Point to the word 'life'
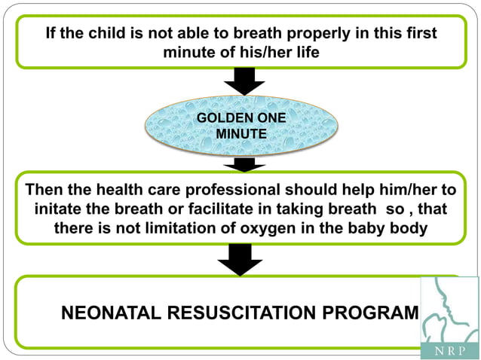(x=297, y=53)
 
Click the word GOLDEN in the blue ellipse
(x=219, y=118)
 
